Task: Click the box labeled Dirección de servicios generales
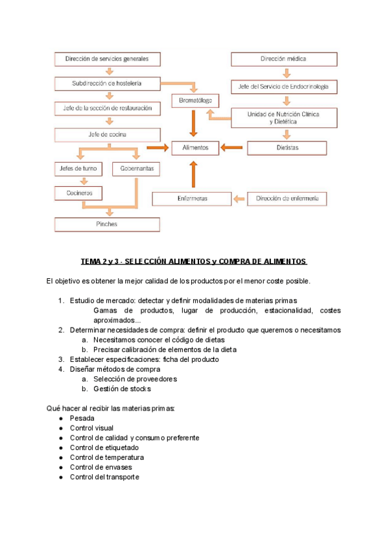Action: pos(107,59)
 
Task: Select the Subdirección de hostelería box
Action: pos(107,84)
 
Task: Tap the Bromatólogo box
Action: pos(195,101)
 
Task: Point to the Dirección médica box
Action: pos(284,59)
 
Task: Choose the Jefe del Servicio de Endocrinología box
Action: pos(284,86)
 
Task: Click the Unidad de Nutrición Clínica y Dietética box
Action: pos(284,117)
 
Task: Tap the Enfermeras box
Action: pos(192,198)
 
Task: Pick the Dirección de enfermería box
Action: pos(287,198)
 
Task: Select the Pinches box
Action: pos(107,224)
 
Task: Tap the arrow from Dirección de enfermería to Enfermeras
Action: pos(239,198)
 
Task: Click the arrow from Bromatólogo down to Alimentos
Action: pos(193,123)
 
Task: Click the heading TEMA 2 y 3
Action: pos(194,261)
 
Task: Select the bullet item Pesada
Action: pos(82,418)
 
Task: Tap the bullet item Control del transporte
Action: pos(104,477)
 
